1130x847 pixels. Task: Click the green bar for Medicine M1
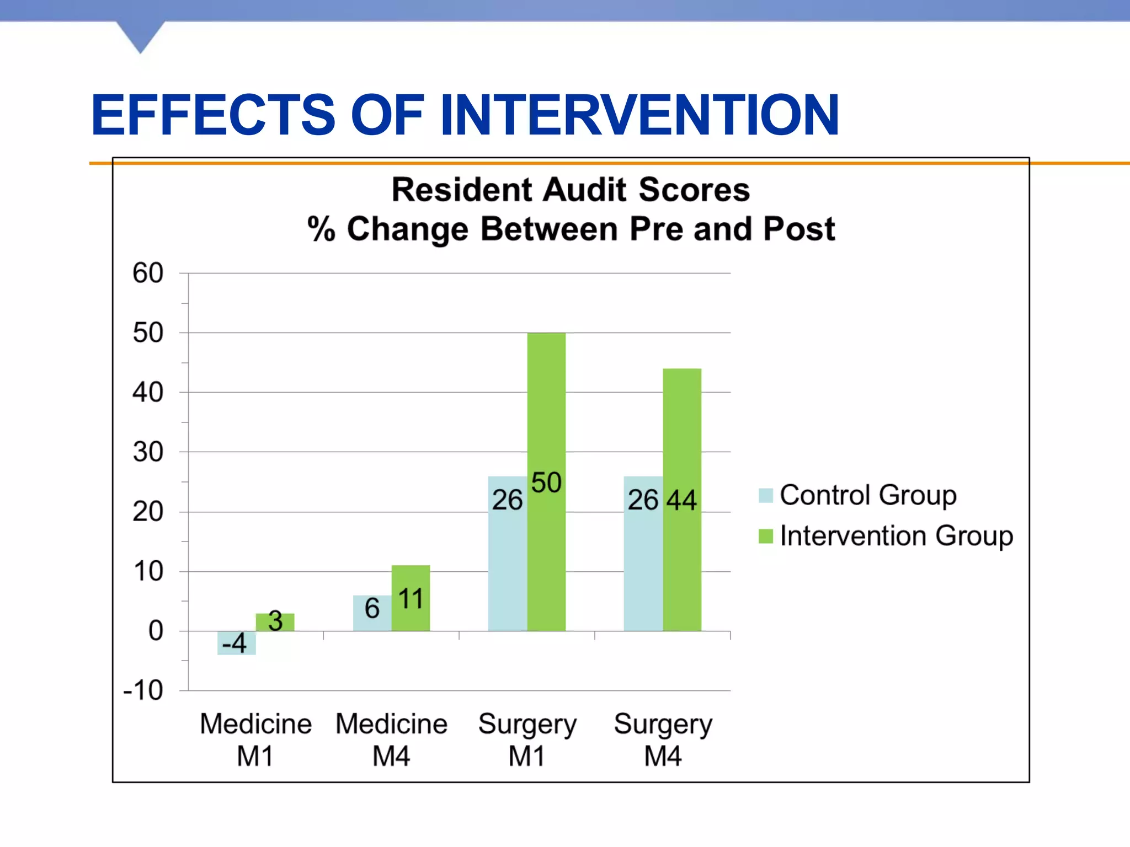(275, 622)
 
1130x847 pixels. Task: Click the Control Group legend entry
(858, 495)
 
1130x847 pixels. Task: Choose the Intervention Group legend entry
(886, 535)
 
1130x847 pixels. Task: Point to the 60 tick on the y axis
(148, 273)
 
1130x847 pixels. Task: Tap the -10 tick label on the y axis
(143, 690)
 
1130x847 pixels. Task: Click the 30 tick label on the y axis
(148, 452)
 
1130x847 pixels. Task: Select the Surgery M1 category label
(527, 739)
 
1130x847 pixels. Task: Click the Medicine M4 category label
(391, 739)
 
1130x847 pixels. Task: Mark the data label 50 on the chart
(546, 483)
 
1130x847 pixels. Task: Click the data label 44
(682, 500)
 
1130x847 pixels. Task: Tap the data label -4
(234, 643)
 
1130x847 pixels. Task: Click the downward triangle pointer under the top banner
(141, 36)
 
